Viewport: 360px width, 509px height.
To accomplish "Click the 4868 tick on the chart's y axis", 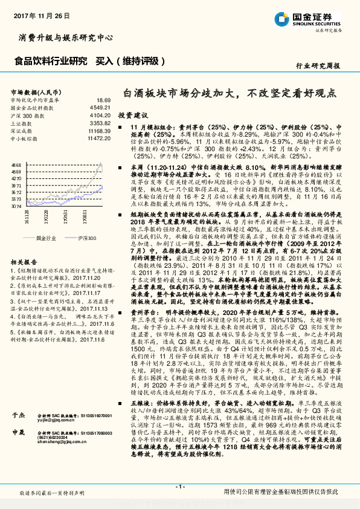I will pyautogui.click(x=16, y=164).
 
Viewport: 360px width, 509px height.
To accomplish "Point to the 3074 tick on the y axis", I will pyautogui.click(x=16, y=207).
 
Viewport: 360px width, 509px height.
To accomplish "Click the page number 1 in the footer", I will pyautogui.click(x=179, y=487).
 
